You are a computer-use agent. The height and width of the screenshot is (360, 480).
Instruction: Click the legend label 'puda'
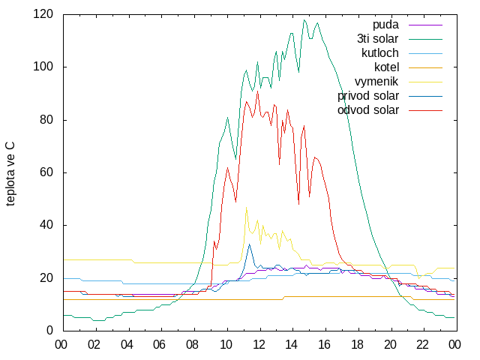(x=385, y=25)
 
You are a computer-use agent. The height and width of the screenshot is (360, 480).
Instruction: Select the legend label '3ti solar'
(x=378, y=39)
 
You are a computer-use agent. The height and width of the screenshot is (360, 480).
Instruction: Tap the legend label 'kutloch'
(x=380, y=53)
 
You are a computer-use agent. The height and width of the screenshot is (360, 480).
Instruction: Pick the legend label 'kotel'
(x=387, y=67)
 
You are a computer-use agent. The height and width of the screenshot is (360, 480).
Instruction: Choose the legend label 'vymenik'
(x=376, y=82)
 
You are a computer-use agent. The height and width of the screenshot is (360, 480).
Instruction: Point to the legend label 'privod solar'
(x=368, y=96)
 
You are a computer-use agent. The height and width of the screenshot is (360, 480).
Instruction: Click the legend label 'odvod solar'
(x=368, y=110)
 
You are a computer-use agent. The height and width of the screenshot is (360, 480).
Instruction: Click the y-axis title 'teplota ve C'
(x=10, y=174)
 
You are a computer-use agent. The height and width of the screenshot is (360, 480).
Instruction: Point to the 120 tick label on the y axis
(x=43, y=14)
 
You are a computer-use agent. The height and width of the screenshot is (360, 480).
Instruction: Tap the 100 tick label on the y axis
(x=43, y=67)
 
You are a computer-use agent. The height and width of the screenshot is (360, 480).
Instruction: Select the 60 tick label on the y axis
(x=46, y=172)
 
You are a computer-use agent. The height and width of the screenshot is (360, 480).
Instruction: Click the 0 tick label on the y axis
(x=49, y=330)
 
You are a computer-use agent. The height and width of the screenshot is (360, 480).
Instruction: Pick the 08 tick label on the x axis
(x=192, y=345)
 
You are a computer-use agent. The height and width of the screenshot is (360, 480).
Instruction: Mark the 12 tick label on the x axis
(x=259, y=345)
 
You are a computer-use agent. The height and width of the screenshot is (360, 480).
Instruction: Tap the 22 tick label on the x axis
(x=422, y=345)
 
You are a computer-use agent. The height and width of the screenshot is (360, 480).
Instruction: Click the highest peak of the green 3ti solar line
(x=304, y=20)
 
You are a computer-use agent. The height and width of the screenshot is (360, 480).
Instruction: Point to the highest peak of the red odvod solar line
(x=258, y=91)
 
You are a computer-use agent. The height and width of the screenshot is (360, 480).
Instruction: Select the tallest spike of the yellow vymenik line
(x=247, y=208)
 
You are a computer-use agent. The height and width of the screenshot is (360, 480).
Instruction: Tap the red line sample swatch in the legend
(x=425, y=110)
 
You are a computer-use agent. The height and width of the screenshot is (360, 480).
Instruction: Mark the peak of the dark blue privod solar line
(x=250, y=244)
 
